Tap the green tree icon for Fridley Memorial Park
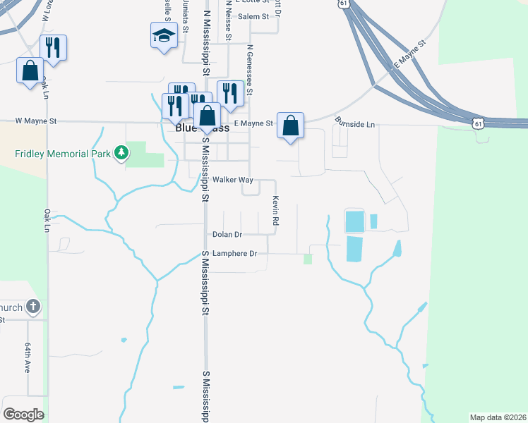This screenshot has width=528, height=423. click(121, 152)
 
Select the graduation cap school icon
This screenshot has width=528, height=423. click(164, 35)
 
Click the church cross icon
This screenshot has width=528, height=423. click(32, 307)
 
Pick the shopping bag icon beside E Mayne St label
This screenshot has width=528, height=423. click(290, 126)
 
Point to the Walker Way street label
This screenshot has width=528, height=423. click(233, 180)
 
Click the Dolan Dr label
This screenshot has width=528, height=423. click(227, 234)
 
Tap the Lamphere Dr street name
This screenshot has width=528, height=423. click(234, 253)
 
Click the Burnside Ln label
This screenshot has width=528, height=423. click(355, 124)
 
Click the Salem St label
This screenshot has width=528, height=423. click(254, 16)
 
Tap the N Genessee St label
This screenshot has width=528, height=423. click(249, 70)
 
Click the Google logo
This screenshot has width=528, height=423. click(23, 415)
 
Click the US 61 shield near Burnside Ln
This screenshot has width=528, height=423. click(479, 123)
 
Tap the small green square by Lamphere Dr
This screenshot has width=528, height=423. click(308, 259)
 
